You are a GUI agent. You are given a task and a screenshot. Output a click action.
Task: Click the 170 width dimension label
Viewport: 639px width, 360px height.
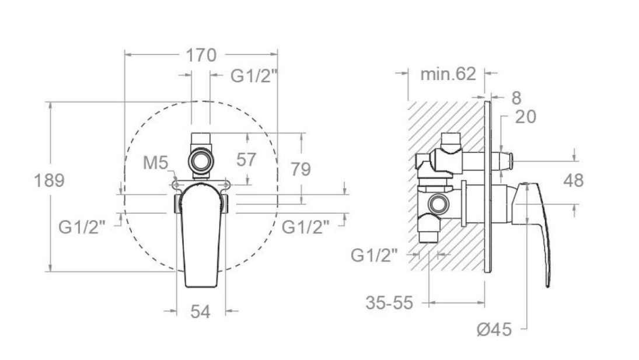201,55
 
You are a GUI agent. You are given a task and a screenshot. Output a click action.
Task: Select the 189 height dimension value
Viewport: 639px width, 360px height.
49,180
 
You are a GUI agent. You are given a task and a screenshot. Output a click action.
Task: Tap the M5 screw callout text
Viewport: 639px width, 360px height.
155,163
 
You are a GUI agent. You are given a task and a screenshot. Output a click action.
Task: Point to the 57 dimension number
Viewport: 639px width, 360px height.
246,160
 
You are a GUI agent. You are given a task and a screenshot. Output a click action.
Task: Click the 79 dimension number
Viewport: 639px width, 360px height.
301,169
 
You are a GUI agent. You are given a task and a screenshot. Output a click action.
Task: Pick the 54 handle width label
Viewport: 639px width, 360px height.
201,312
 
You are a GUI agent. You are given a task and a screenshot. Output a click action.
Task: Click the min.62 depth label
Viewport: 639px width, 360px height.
448,74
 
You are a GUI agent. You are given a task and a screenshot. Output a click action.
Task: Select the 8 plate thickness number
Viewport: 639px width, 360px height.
516,98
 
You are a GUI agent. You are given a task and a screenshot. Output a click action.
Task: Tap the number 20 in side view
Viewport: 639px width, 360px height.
525,117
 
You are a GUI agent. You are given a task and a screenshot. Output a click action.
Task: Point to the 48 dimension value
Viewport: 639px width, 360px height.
574,180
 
